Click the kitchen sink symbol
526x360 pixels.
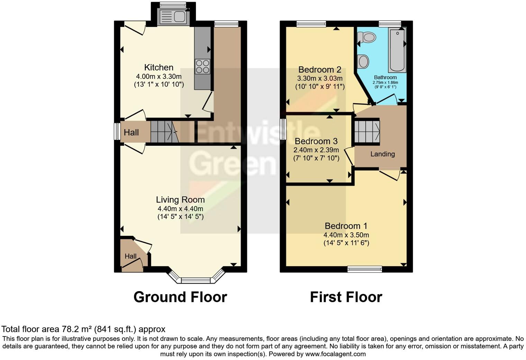172,17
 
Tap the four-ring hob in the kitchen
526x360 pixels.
202,66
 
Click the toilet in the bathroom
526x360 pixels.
367,37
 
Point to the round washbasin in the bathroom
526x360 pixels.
363,62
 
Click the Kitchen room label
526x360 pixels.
158,67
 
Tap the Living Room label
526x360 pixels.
180,200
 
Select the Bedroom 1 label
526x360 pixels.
346,226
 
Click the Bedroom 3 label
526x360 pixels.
316,141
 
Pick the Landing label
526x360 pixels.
382,154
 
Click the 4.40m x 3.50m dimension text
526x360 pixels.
346,235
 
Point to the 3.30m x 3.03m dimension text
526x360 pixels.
319,79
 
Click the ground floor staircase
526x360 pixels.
164,132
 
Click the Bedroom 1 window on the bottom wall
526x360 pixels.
365,269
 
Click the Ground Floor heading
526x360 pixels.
180,297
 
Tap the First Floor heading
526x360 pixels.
346,297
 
